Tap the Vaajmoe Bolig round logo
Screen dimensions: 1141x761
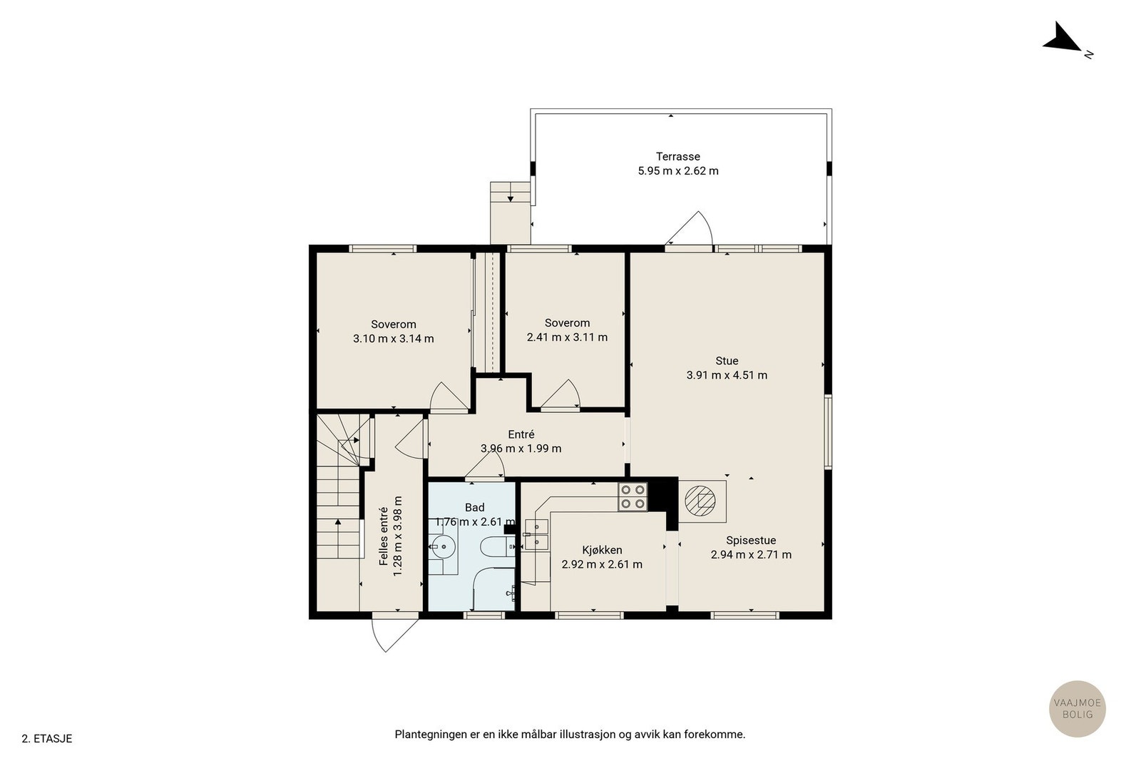pos(1078,708)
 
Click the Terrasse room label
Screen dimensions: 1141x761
pos(678,156)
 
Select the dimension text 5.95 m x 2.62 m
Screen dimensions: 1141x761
pos(678,171)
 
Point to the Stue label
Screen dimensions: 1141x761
pos(727,361)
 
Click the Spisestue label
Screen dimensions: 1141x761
pos(752,541)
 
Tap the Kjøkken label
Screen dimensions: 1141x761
pos(602,550)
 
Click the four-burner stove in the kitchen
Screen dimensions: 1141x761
pos(633,497)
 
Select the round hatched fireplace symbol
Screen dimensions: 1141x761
pos(700,501)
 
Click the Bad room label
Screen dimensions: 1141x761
pos(475,507)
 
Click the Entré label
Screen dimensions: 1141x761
pos(521,434)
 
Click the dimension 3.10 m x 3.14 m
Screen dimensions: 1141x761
pos(393,339)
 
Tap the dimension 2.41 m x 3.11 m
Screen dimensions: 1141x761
pos(567,337)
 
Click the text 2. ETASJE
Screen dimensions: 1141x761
pos(47,739)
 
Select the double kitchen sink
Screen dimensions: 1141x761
pos(536,534)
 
